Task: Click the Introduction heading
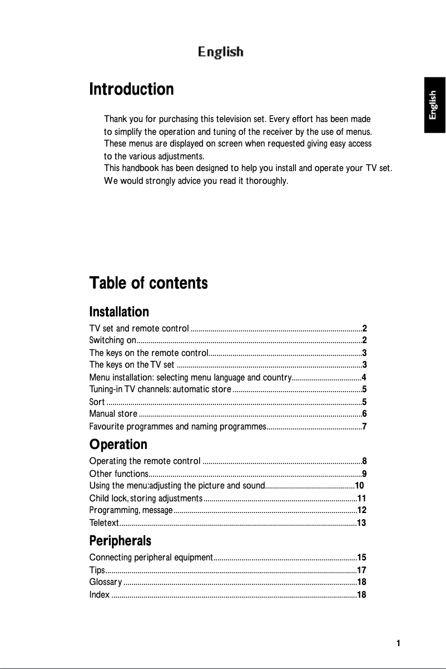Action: pyautogui.click(x=131, y=89)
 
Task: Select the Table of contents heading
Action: pyautogui.click(x=148, y=283)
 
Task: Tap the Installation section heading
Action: pyautogui.click(x=119, y=311)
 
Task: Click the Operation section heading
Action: pyautogui.click(x=118, y=445)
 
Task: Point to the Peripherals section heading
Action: pyautogui.click(x=120, y=541)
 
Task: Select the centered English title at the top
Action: pyautogui.click(x=221, y=52)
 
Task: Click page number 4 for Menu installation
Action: pyautogui.click(x=364, y=378)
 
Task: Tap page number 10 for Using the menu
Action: pyautogui.click(x=359, y=485)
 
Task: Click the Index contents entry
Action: pyautogui.click(x=100, y=595)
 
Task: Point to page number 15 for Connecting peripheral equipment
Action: pyautogui.click(x=361, y=557)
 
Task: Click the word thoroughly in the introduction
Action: pyautogui.click(x=267, y=180)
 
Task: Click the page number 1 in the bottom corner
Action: pyautogui.click(x=398, y=643)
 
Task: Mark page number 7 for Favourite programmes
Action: pyautogui.click(x=364, y=427)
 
